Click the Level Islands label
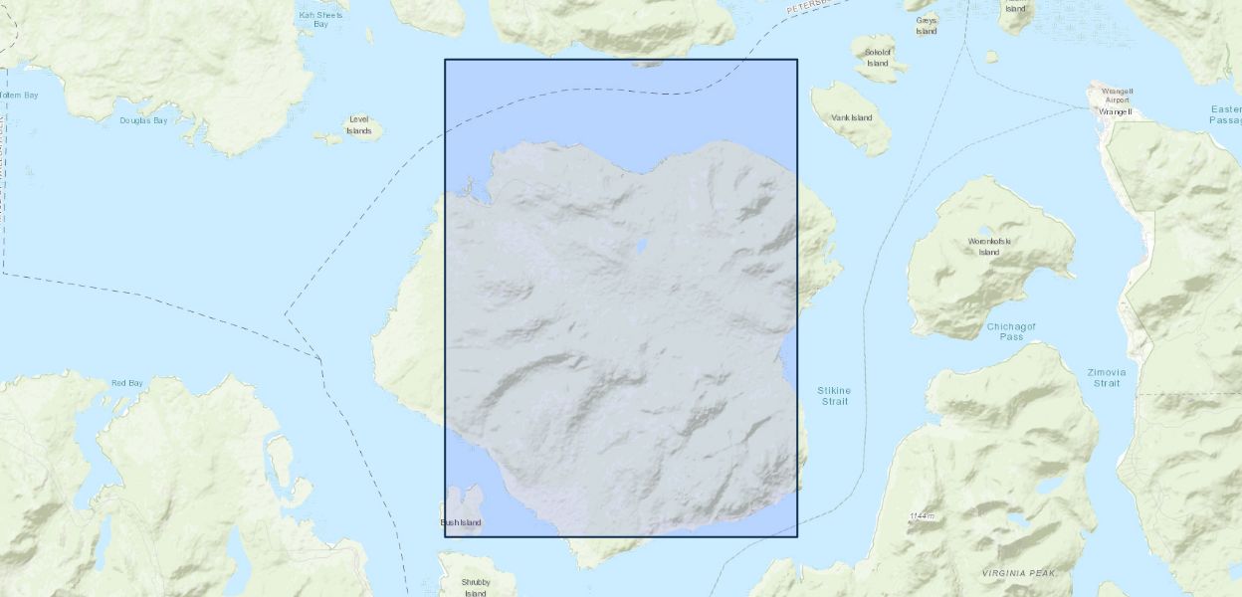point(359,126)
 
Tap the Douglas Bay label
point(144,120)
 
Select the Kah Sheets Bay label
point(320,19)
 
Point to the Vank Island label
point(852,118)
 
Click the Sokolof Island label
point(877,58)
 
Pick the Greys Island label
point(927,25)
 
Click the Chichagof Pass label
point(1011,331)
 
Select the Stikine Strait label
point(834,395)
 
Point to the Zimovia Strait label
point(1107,377)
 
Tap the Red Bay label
point(126,383)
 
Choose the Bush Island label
point(461,522)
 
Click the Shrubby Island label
point(476,587)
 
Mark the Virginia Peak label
point(1017,573)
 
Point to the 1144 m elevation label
point(923,515)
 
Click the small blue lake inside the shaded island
point(642,245)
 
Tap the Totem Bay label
point(18,96)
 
